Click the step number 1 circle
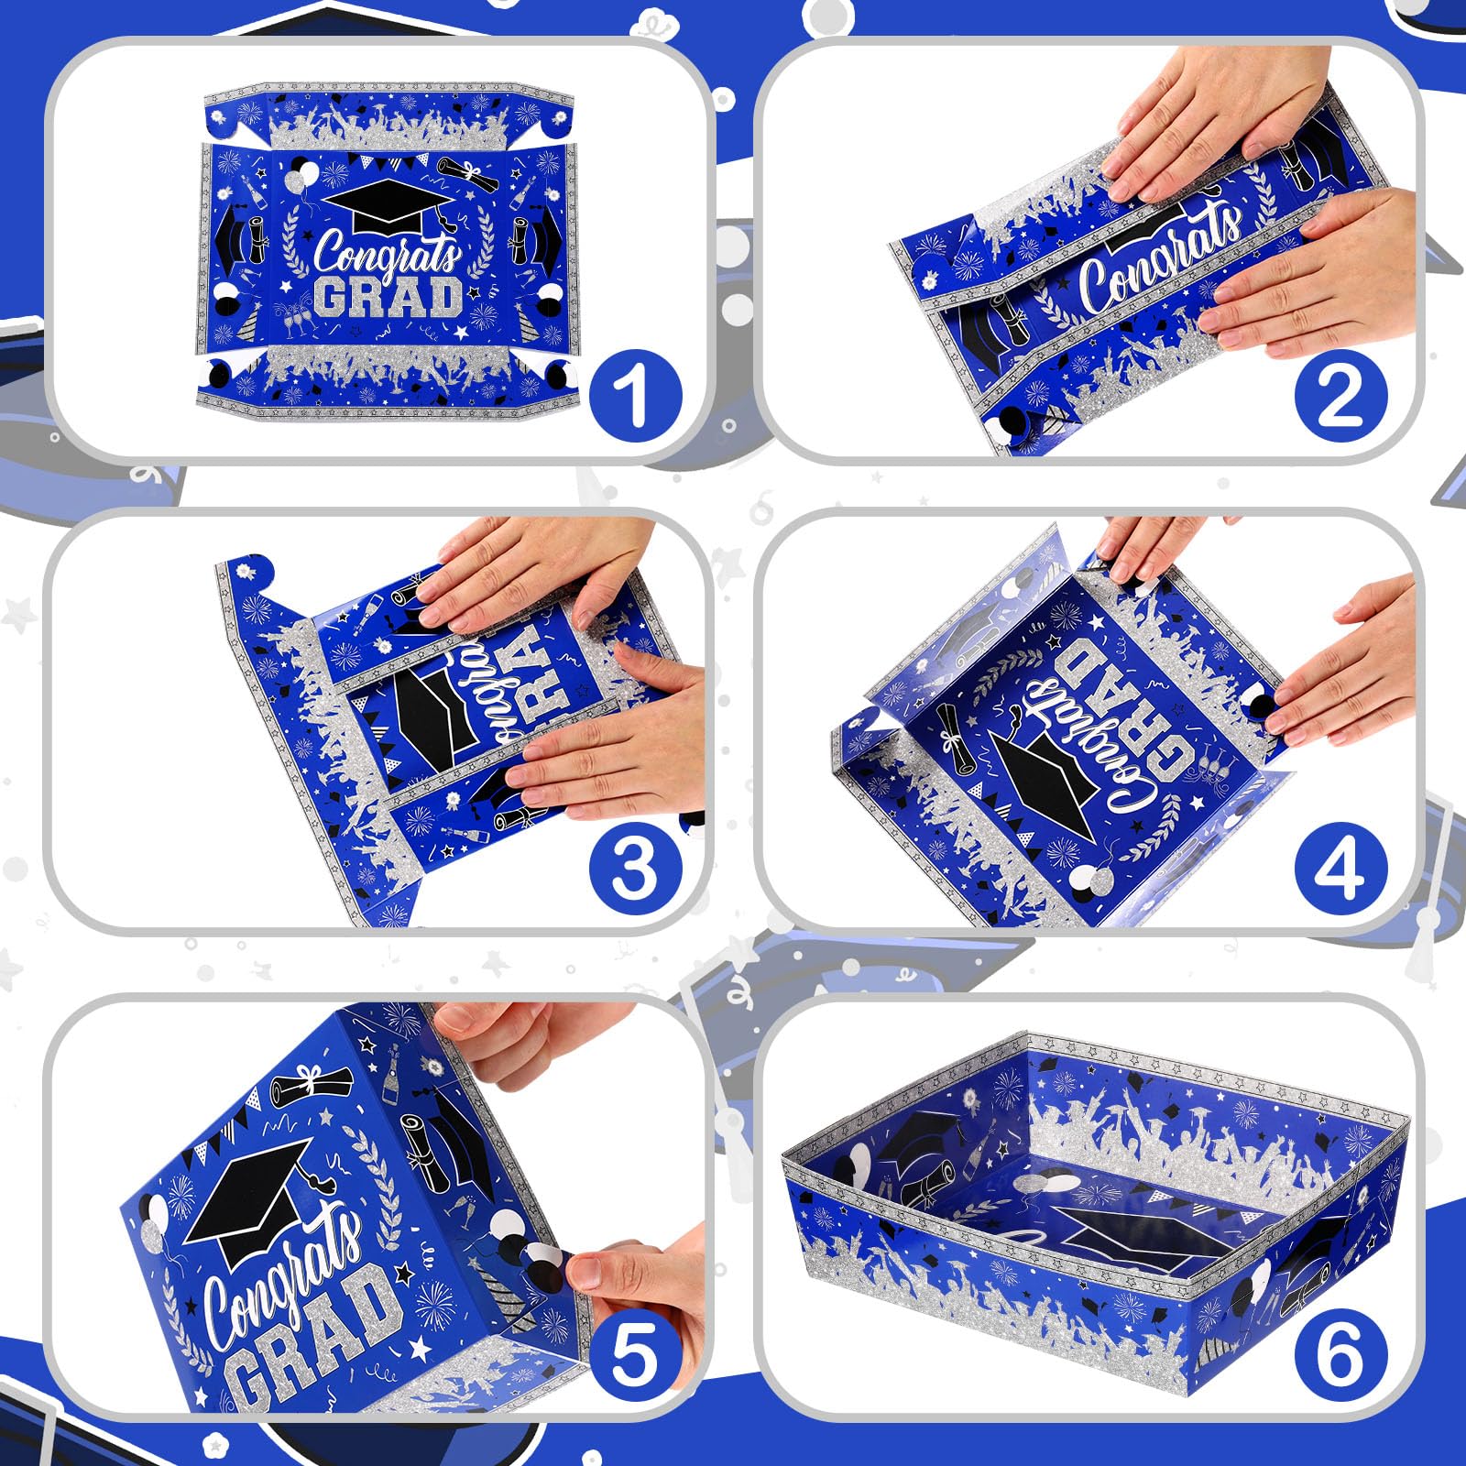[635, 396]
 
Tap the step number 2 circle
[1340, 396]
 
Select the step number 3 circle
[635, 868]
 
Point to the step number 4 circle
[1340, 868]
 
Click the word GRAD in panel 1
[389, 298]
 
